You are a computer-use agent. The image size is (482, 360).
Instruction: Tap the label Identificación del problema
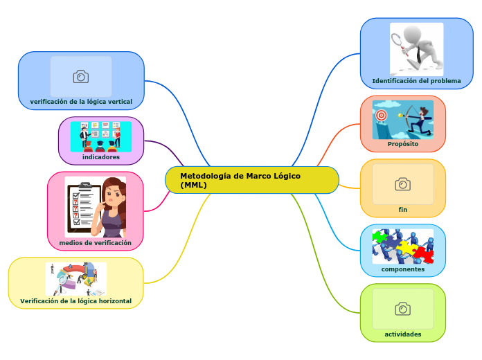click(x=416, y=81)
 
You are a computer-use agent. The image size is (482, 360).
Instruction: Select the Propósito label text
click(x=402, y=144)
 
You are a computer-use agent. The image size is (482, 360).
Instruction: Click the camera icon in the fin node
click(x=402, y=184)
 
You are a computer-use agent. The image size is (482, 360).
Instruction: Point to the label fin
click(x=402, y=209)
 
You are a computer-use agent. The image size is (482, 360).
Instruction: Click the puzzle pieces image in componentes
click(x=402, y=246)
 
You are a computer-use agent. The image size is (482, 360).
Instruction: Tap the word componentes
click(x=402, y=269)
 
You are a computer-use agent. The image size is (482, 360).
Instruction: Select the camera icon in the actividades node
click(x=402, y=309)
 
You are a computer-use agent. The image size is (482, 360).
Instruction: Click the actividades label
click(x=402, y=334)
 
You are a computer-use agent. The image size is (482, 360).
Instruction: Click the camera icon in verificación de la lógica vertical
click(x=81, y=76)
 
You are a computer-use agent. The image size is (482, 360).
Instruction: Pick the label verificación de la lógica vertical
click(x=81, y=102)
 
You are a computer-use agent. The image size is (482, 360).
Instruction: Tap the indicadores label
click(x=101, y=157)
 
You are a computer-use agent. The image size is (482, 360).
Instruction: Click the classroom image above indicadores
click(x=101, y=136)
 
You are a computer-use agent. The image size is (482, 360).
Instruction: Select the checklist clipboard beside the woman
click(x=83, y=206)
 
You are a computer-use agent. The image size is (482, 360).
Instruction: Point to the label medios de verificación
click(x=96, y=243)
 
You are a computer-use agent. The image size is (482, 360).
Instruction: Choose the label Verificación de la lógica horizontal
click(x=75, y=301)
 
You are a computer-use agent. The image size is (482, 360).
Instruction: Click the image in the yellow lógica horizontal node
click(x=75, y=279)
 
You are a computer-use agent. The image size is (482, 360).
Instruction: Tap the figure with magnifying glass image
click(x=416, y=48)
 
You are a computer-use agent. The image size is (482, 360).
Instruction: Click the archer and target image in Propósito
click(x=402, y=120)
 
